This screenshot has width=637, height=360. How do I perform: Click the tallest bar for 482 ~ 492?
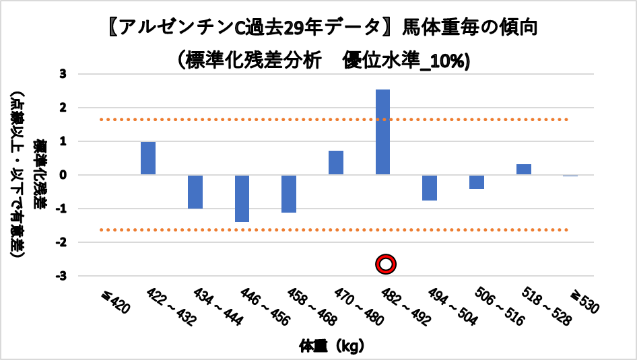(x=382, y=132)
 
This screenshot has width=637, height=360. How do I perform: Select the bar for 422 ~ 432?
(x=148, y=158)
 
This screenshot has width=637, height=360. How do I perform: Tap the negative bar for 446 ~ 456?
(x=242, y=199)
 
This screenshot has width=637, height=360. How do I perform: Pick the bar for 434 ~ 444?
(x=195, y=192)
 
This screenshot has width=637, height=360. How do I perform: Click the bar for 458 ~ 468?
(x=289, y=194)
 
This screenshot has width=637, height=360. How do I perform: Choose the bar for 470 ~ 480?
(x=336, y=163)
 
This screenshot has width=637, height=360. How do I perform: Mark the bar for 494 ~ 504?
(x=430, y=188)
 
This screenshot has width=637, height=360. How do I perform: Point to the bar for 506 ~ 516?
(x=477, y=182)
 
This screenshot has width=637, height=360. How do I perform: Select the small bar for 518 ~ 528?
(x=524, y=170)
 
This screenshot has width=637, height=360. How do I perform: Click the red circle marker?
(x=386, y=264)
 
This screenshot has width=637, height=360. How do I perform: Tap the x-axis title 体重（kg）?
(x=332, y=347)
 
